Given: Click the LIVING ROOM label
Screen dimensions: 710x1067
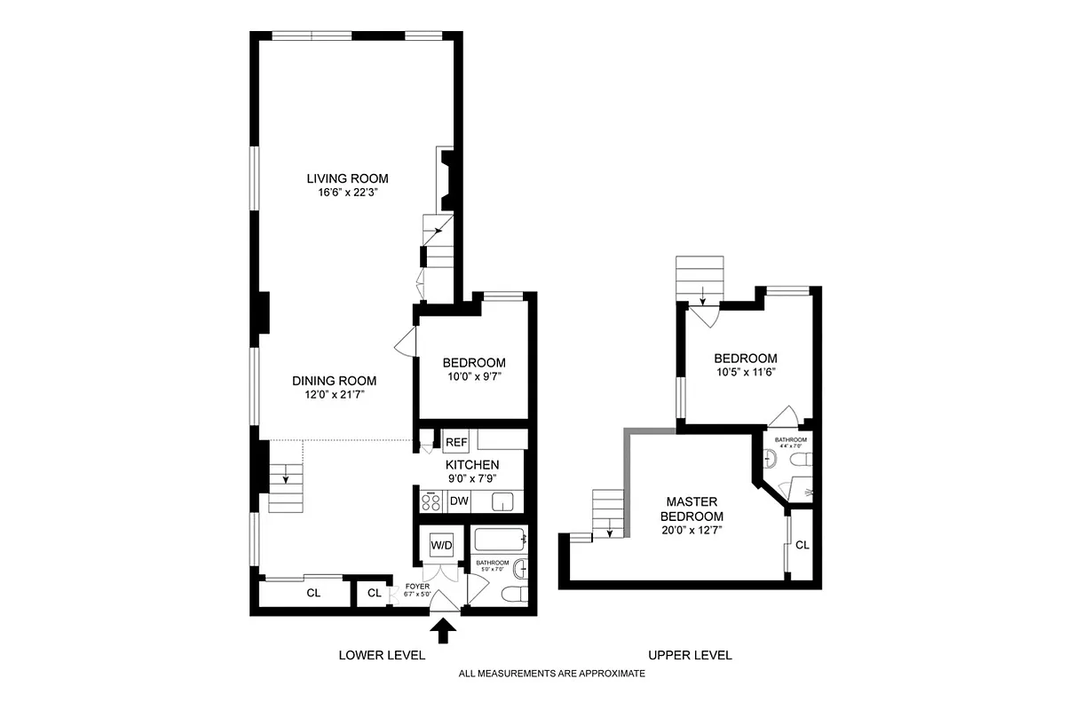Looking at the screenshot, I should pyautogui.click(x=347, y=178).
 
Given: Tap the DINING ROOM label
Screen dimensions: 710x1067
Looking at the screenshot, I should pyautogui.click(x=328, y=381).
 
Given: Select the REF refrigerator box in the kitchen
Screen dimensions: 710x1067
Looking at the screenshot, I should pyautogui.click(x=456, y=442).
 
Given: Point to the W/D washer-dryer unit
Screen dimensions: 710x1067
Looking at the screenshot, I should pyautogui.click(x=441, y=544).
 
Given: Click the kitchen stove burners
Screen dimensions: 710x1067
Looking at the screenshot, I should pyautogui.click(x=431, y=502).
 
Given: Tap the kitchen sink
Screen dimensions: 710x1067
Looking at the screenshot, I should pyautogui.click(x=503, y=502).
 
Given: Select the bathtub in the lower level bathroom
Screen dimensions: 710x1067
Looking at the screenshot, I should pyautogui.click(x=501, y=540).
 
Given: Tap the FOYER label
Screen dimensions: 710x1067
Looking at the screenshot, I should pyautogui.click(x=417, y=586).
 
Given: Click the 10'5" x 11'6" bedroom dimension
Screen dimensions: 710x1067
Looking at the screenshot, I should pyautogui.click(x=746, y=373).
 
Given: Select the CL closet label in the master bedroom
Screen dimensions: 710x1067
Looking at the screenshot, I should pyautogui.click(x=802, y=545).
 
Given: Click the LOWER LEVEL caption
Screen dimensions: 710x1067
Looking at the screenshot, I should pyautogui.click(x=382, y=655).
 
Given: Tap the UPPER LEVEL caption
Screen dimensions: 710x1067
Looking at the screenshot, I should pyautogui.click(x=690, y=655).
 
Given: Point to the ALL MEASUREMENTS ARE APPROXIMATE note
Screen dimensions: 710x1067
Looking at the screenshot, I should pyautogui.click(x=551, y=674).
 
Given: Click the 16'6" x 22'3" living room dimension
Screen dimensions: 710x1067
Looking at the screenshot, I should pyautogui.click(x=347, y=193).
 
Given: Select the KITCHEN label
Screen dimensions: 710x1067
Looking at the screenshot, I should pyautogui.click(x=471, y=465).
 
